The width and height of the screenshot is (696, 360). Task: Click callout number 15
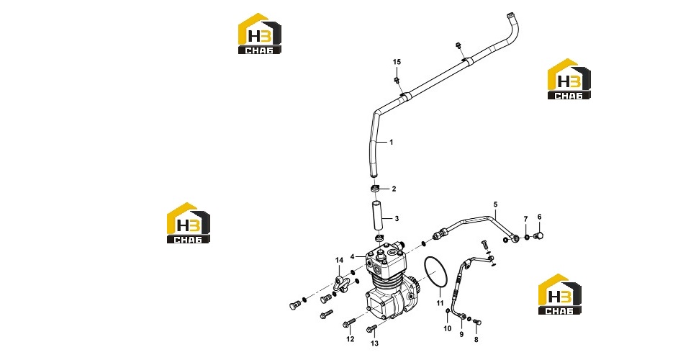coord(397,62)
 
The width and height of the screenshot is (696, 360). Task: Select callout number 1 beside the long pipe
coord(391,143)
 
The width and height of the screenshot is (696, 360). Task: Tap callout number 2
coord(394,189)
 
